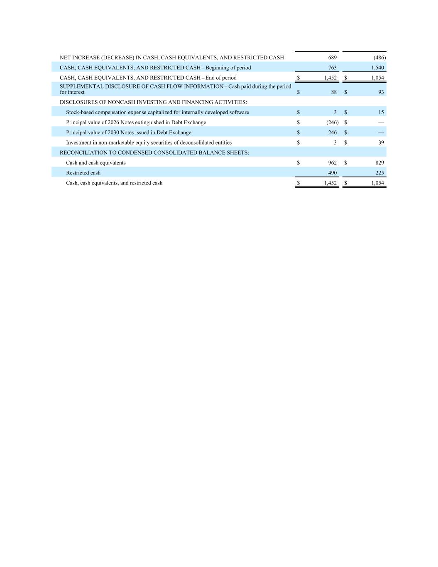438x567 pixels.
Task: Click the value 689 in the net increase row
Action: pos(332,57)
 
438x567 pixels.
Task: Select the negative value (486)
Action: pos(379,57)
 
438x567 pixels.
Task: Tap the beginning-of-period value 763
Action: pos(332,67)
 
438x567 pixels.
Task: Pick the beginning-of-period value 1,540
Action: pos(377,67)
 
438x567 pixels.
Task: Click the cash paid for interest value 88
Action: pos(334,92)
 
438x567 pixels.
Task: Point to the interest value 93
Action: pos(381,92)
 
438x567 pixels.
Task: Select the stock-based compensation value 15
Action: pos(381,112)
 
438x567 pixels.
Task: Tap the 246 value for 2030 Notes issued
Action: pos(332,133)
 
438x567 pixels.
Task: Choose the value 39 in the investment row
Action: pos(381,142)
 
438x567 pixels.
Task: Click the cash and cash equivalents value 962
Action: pos(332,162)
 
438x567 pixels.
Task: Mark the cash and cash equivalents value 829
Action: pos(379,162)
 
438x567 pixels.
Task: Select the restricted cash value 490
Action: pos(332,173)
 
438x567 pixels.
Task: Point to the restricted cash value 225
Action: pos(379,173)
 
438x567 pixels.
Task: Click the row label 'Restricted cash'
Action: pos(83,173)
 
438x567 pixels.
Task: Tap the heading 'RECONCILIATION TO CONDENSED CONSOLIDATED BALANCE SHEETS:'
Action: pos(154,152)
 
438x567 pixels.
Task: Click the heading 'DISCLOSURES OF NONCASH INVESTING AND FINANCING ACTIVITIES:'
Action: pos(153,102)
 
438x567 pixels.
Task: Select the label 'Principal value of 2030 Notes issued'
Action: pos(128,133)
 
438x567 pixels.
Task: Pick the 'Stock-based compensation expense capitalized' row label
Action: pos(157,112)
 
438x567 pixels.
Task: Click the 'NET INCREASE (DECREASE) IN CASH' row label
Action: pos(171,57)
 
